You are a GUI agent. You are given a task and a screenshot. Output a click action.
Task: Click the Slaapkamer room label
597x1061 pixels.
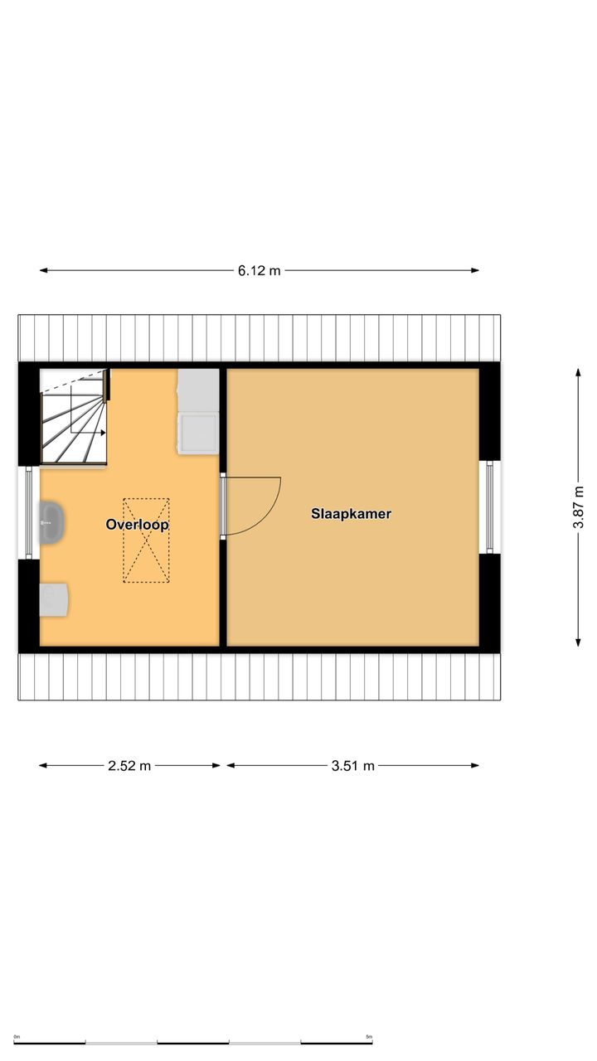point(351,513)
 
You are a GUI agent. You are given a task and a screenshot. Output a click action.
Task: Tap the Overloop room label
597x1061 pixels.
point(137,525)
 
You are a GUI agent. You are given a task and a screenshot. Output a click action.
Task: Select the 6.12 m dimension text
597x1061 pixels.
point(260,270)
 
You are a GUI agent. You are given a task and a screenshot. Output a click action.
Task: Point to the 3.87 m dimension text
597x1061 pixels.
point(579,506)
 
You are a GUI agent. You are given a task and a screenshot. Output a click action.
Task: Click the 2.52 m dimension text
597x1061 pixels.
point(129,765)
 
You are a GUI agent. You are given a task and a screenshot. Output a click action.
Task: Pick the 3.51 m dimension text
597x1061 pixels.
point(353,765)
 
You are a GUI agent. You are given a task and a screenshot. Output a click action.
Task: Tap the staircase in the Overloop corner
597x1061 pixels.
point(74,416)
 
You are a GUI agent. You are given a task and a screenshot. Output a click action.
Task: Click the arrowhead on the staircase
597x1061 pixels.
point(103,433)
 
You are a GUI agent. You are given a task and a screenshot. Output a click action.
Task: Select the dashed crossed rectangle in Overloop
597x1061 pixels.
point(147,540)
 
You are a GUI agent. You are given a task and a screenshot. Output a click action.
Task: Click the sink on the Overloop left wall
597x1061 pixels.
point(51,522)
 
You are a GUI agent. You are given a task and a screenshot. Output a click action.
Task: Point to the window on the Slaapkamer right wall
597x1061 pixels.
point(490,506)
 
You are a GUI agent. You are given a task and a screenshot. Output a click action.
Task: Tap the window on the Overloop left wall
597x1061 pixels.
point(29,512)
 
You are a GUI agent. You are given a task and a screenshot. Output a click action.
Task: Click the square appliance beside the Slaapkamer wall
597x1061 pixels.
point(198,434)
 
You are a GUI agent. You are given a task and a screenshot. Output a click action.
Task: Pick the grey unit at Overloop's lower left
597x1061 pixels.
point(54,600)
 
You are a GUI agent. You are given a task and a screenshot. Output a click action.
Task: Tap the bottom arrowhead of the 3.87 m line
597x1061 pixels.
point(578,642)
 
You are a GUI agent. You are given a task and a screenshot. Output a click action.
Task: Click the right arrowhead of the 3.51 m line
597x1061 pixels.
point(475,765)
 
